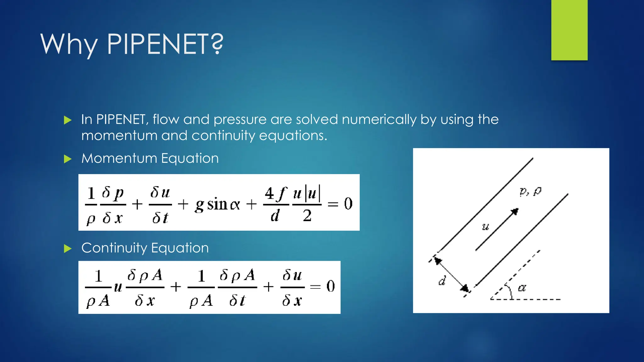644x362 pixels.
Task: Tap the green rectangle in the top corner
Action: click(x=569, y=30)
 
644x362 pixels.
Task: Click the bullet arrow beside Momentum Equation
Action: click(x=68, y=159)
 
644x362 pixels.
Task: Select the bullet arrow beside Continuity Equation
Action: click(x=68, y=249)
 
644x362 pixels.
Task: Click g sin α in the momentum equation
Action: click(x=217, y=205)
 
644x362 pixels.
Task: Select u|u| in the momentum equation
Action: click(x=307, y=193)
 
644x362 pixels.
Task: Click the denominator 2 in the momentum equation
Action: click(x=307, y=216)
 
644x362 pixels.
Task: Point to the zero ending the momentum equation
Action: click(x=348, y=204)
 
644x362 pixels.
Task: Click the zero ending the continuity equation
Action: click(x=330, y=286)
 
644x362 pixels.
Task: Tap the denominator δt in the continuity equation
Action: click(x=237, y=300)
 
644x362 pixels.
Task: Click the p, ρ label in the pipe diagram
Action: click(x=530, y=191)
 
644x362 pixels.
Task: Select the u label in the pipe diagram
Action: click(x=486, y=227)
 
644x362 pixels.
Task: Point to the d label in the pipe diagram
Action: click(x=442, y=280)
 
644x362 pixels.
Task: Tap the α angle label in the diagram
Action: click(x=522, y=288)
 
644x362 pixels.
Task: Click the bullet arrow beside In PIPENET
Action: click(x=68, y=120)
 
